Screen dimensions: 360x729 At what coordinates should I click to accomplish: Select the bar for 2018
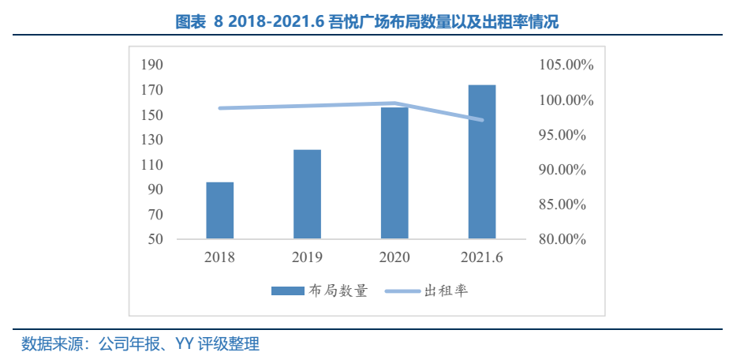(220, 210)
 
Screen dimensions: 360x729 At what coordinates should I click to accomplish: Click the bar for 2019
(308, 193)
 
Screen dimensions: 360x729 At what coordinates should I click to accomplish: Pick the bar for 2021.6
(482, 161)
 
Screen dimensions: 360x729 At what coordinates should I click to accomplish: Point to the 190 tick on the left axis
(151, 65)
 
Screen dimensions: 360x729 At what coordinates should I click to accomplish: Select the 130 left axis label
(151, 140)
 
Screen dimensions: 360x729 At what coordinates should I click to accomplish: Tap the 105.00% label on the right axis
(566, 65)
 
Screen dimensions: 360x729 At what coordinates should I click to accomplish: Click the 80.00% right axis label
(562, 239)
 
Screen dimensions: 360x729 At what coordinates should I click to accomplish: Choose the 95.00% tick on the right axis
(562, 135)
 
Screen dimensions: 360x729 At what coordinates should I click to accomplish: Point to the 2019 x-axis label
(308, 257)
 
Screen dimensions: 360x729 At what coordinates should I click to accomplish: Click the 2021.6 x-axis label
(482, 257)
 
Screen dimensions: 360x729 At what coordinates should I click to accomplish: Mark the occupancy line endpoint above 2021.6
(482, 120)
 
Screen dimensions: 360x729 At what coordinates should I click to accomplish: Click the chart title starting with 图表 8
(364, 22)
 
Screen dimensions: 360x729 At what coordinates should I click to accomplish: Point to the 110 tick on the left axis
(151, 165)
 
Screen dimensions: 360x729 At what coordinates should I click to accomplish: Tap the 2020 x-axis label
(394, 257)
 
